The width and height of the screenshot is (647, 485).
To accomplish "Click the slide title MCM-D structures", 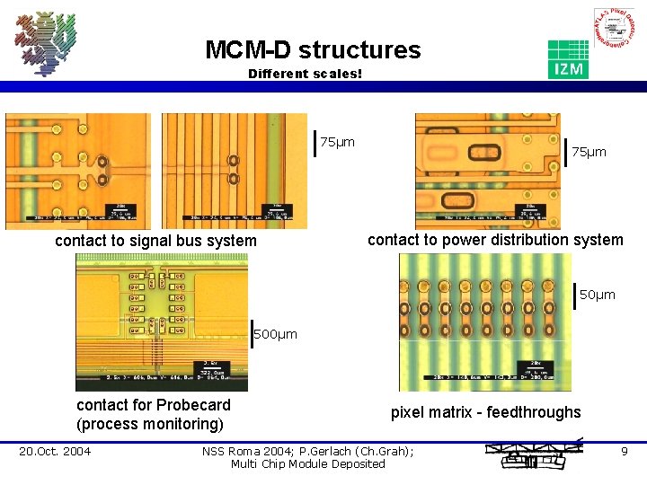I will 312,49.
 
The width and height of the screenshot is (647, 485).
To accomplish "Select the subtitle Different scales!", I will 305,73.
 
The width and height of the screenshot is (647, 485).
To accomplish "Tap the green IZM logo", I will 568,59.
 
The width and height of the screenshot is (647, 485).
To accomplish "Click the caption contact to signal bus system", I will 155,241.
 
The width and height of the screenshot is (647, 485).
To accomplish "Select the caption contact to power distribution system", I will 495,240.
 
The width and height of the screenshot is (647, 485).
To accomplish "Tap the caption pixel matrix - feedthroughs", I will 485,412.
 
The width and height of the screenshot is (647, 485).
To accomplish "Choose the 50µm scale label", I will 598,295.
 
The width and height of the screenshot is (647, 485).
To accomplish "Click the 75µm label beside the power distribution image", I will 589,152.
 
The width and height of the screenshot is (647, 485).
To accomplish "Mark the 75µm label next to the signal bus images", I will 338,142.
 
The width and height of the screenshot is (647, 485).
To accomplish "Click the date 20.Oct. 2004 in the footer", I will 55,451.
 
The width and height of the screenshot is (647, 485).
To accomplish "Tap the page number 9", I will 625,451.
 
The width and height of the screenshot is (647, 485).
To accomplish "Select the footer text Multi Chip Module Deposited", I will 307,463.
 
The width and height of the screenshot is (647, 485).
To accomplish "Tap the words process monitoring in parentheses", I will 150,424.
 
